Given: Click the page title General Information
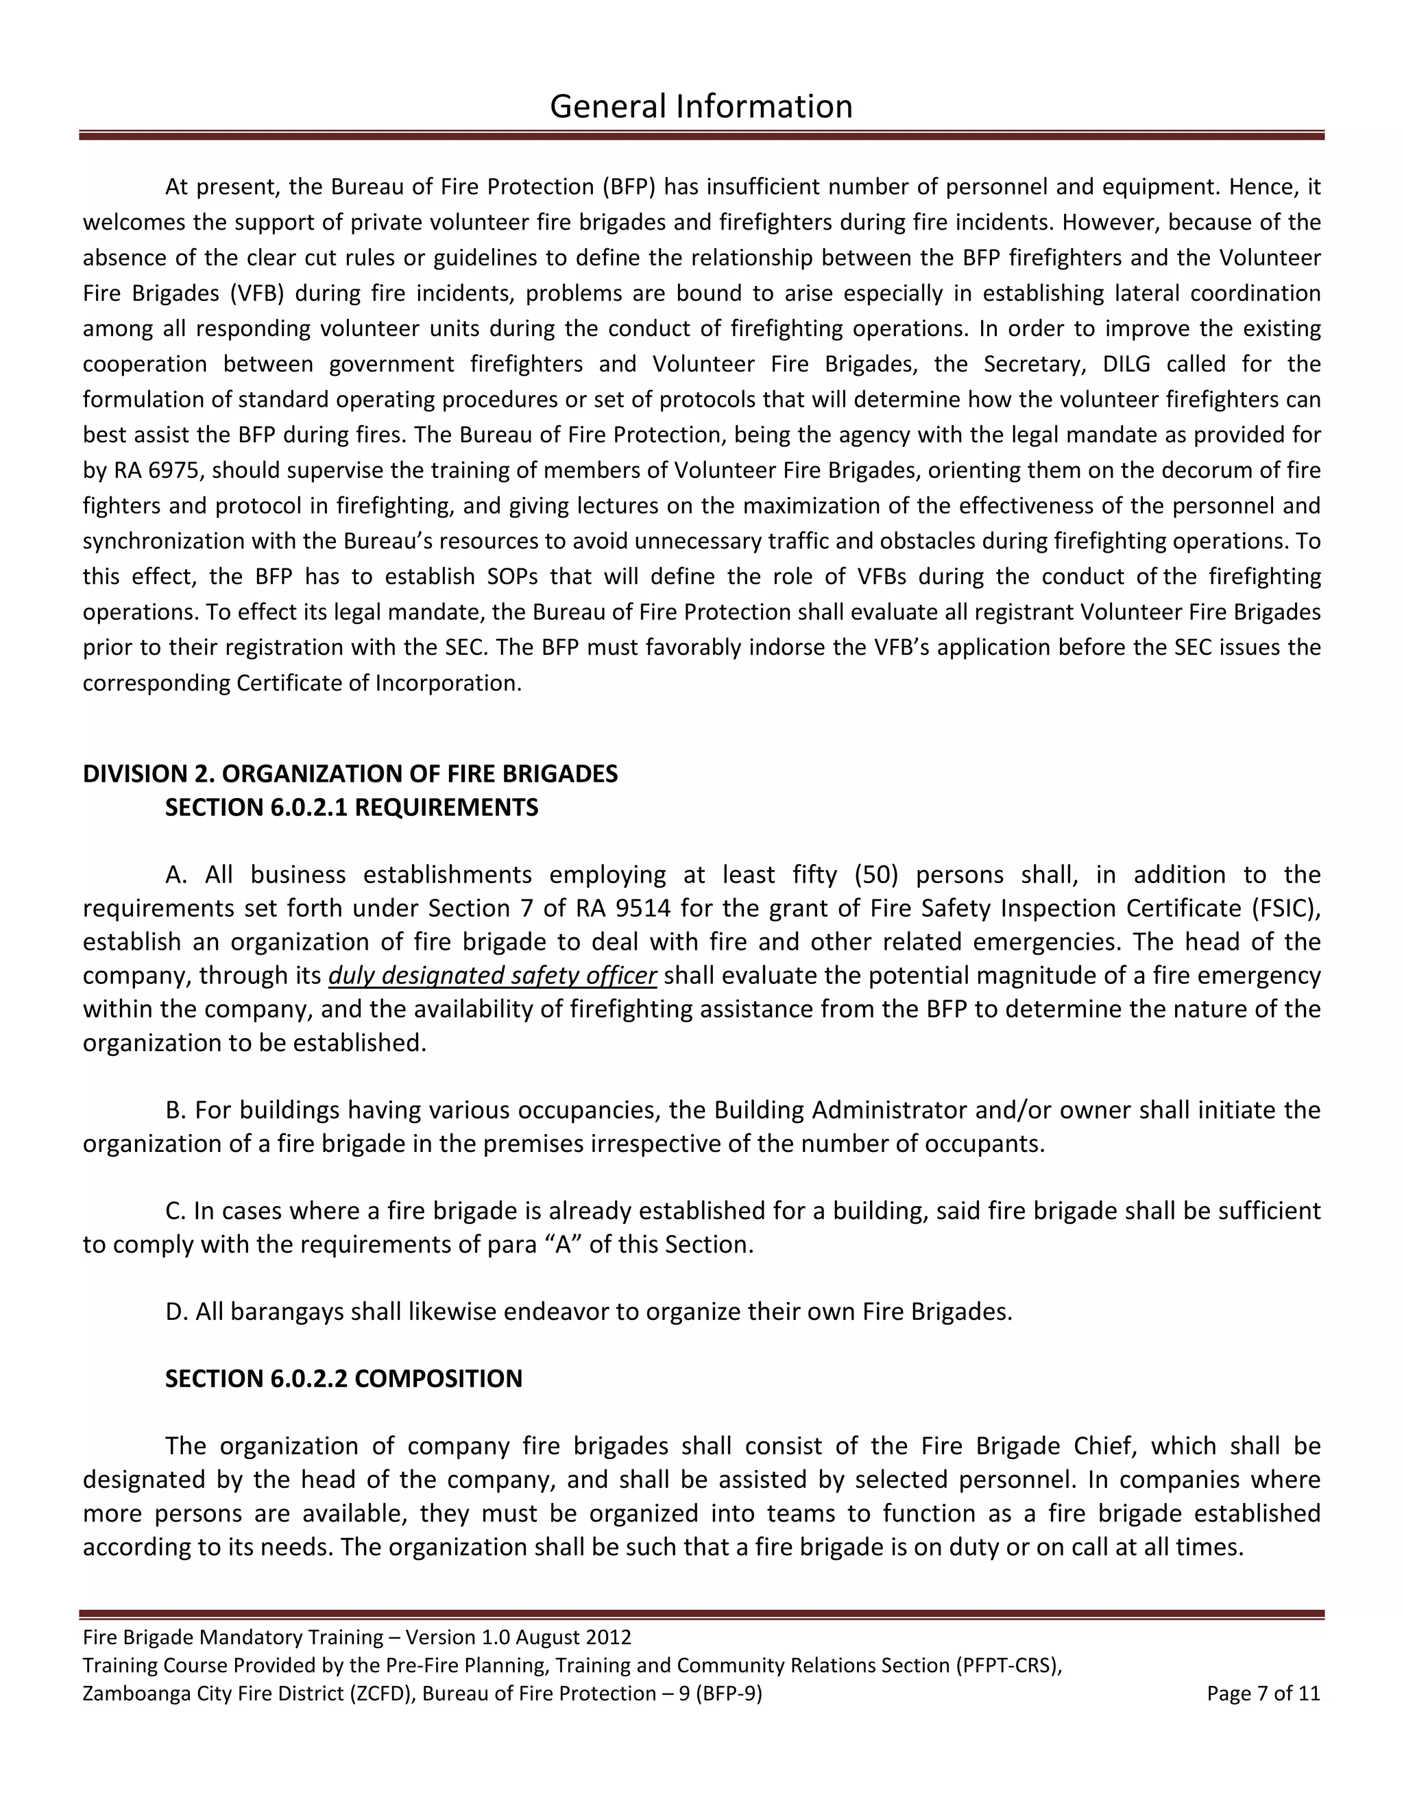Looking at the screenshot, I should [x=701, y=106].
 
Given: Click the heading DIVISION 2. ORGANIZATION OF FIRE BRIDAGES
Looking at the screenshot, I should [x=350, y=773].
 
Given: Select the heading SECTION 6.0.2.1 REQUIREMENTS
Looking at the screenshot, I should [x=351, y=808].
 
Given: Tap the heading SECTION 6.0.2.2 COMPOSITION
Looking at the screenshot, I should [x=343, y=1379].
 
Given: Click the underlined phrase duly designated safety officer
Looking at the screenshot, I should [x=492, y=975].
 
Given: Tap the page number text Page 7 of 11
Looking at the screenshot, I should [x=1263, y=1694].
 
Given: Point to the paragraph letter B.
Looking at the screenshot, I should [x=174, y=1110].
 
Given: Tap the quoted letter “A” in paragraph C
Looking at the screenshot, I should [x=563, y=1244].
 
